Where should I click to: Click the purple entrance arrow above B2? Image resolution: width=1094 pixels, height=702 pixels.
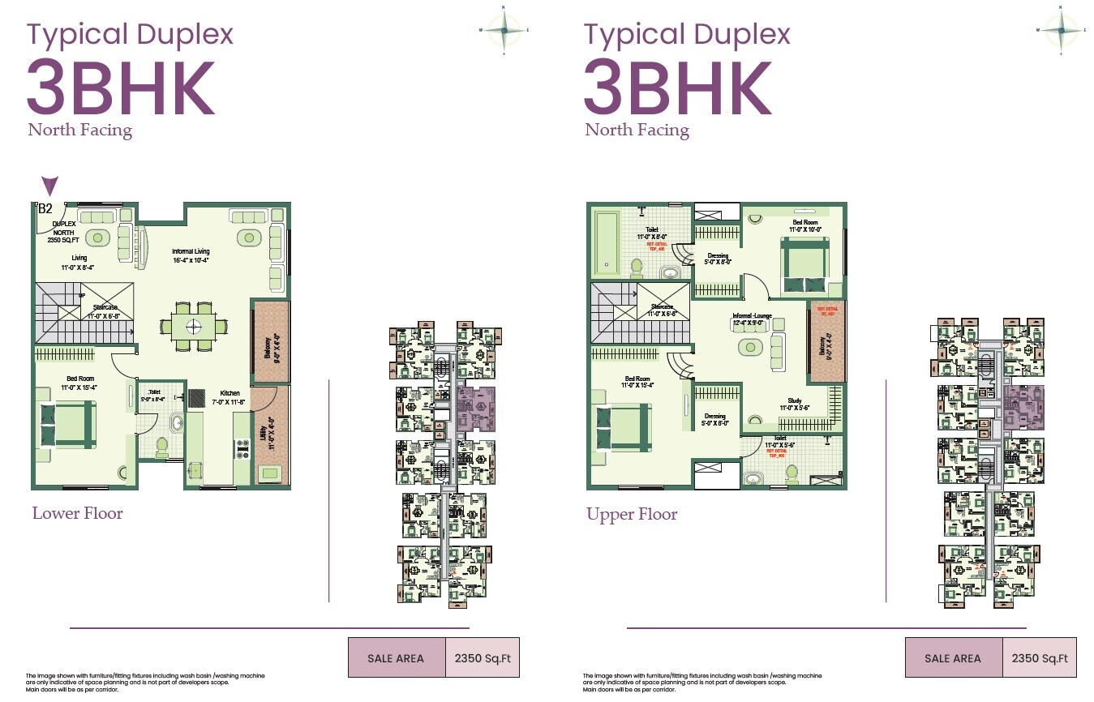point(49,186)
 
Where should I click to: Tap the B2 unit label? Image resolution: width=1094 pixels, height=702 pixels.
point(45,208)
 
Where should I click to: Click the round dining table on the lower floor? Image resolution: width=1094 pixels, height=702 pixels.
point(194,327)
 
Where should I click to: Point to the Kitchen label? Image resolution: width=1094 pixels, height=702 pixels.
point(230,396)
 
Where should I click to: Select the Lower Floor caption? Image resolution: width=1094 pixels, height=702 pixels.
point(77,513)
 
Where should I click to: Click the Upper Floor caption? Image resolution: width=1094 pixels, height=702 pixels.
point(632,515)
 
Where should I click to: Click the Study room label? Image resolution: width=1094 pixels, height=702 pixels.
point(794,405)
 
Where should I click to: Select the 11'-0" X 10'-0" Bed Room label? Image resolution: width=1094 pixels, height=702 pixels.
point(804,225)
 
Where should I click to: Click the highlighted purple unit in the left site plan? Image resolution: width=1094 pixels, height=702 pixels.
point(473,408)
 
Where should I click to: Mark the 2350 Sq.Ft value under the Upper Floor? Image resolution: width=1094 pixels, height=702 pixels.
point(1039,658)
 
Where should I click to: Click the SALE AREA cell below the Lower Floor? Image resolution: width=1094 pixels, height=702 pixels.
point(396,658)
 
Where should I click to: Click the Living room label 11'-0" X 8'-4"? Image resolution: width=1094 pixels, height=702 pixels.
point(79,262)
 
